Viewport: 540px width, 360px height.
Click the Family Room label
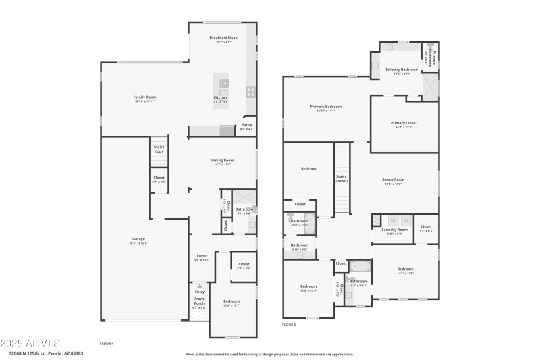[144, 99]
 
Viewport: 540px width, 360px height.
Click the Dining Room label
[223, 162]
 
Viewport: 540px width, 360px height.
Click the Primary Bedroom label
[325, 108]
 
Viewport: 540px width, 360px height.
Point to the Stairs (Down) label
[342, 179]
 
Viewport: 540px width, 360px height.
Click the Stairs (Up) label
[159, 149]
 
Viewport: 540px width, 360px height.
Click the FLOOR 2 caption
[289, 324]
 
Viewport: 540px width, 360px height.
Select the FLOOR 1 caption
[107, 344]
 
